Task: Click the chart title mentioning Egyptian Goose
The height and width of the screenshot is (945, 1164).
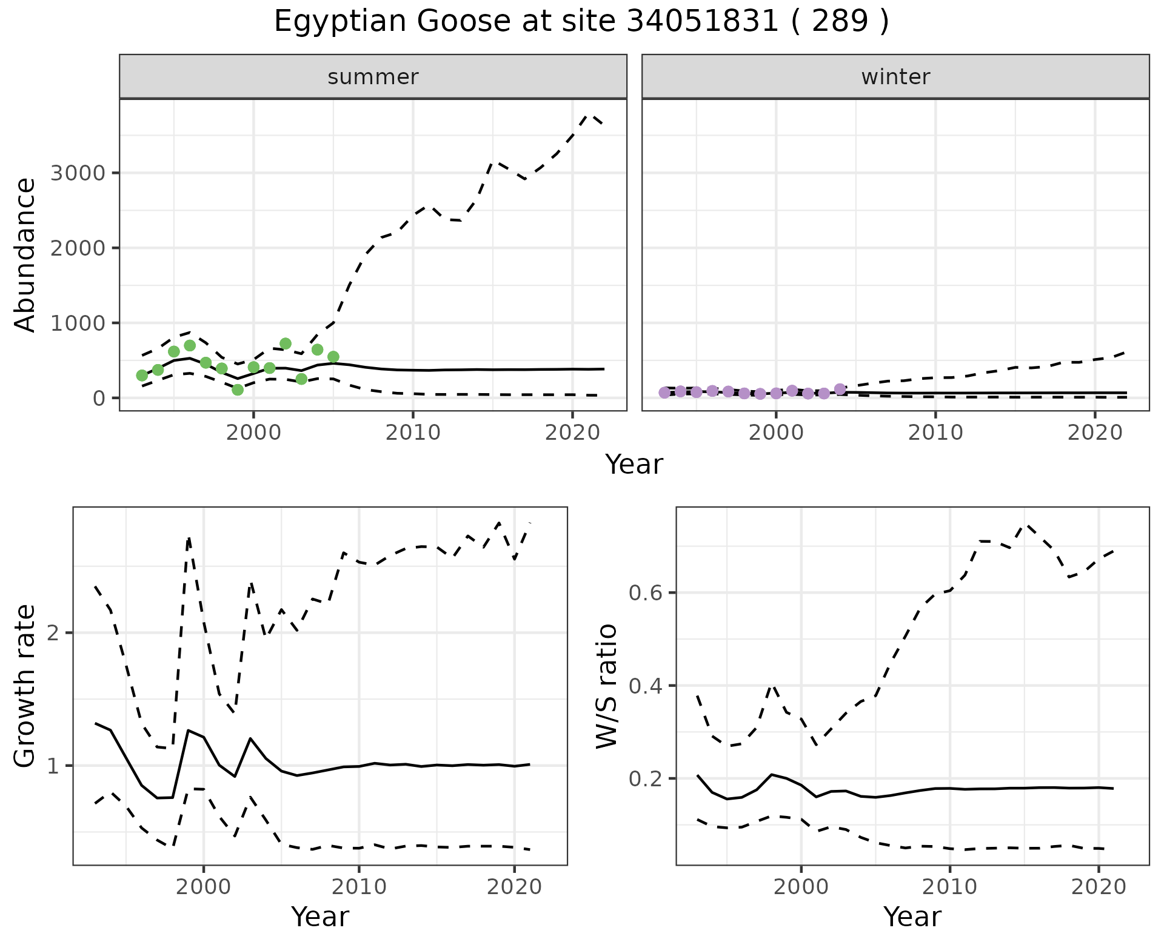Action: pyautogui.click(x=581, y=22)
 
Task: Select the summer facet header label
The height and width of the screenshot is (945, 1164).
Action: pyautogui.click(x=373, y=77)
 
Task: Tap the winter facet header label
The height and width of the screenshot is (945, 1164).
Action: pyautogui.click(x=895, y=77)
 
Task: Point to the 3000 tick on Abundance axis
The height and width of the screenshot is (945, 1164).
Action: pyautogui.click(x=78, y=173)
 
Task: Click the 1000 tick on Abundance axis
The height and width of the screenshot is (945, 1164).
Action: pyautogui.click(x=78, y=323)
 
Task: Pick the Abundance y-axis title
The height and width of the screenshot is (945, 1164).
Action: pyautogui.click(x=25, y=254)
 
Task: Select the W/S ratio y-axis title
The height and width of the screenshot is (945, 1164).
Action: pyautogui.click(x=606, y=686)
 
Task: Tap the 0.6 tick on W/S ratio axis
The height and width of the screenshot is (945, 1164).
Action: pyautogui.click(x=646, y=592)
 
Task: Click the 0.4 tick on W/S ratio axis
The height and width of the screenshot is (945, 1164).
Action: pyautogui.click(x=646, y=686)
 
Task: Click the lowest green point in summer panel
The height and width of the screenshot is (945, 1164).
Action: pyautogui.click(x=238, y=390)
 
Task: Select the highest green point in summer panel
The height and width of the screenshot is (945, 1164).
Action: pyautogui.click(x=286, y=343)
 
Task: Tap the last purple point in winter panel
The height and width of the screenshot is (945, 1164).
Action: pyautogui.click(x=840, y=389)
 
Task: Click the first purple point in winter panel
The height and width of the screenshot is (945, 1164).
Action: pyautogui.click(x=664, y=393)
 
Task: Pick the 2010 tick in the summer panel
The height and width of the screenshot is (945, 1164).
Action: pyautogui.click(x=413, y=433)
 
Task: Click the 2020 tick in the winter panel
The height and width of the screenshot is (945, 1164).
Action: pyautogui.click(x=1095, y=433)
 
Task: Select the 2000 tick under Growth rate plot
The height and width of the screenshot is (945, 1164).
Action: pyautogui.click(x=204, y=887)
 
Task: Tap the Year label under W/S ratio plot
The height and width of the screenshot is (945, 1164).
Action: pyautogui.click(x=912, y=917)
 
